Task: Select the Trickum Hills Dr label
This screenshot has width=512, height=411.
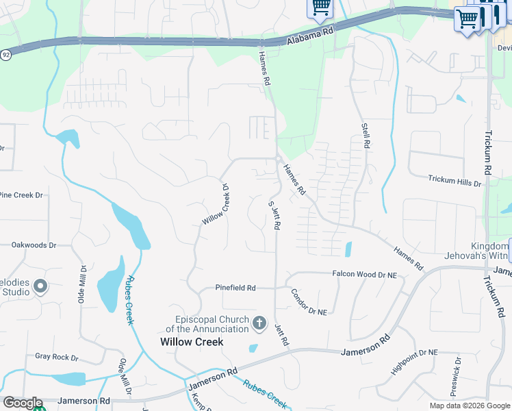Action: pos(455,181)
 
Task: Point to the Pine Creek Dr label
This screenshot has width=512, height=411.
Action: pos(21,195)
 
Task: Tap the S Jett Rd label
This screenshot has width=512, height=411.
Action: pos(274,214)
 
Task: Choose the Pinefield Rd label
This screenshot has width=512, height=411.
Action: pos(235,288)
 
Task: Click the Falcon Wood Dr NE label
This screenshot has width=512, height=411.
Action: pos(364,274)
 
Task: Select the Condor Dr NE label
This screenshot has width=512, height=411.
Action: pos(308,301)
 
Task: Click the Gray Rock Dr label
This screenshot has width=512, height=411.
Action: pos(57,358)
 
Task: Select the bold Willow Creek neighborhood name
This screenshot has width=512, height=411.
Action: pos(192,342)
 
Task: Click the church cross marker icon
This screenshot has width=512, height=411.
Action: pos(259,323)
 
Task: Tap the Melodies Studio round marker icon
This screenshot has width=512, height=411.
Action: pos(40,286)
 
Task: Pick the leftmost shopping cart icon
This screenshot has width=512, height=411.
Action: pos(320,7)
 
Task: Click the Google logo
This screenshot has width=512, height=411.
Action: pos(22,403)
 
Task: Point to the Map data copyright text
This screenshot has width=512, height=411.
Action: pos(470,406)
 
